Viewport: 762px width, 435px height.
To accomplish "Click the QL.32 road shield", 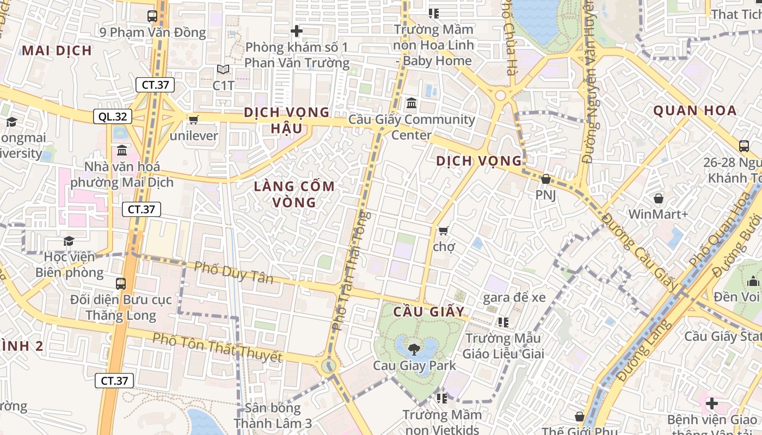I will [113, 116].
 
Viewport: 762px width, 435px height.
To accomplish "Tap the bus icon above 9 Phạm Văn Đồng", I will [152, 16].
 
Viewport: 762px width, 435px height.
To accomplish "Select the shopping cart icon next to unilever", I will [193, 120].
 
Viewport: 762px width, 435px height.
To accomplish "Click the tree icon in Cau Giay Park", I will [414, 349].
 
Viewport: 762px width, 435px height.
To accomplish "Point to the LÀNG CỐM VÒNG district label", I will [294, 194].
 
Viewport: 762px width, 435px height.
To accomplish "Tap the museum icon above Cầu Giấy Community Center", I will [411, 103].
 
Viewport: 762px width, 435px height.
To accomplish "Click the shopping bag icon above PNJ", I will [545, 179].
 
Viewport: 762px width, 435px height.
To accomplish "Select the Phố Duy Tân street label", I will [233, 272].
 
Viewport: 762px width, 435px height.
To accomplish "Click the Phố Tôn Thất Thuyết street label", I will [217, 347].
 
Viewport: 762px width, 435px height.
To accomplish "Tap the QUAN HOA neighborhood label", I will [695, 111].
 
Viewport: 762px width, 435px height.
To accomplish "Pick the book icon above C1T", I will [223, 69].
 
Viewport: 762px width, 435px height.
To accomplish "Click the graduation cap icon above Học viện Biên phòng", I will [69, 240].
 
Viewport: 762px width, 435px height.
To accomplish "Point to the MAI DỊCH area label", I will [57, 51].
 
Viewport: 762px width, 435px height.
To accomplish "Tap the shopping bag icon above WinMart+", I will [658, 198].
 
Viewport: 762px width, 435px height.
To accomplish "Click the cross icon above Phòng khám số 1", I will [297, 31].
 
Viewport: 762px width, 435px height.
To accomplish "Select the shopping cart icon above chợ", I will [444, 231].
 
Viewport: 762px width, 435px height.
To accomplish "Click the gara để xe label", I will [514, 297].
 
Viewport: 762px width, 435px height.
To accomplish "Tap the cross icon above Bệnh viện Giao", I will [711, 403].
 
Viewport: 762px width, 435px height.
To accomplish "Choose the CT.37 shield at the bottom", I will [114, 381].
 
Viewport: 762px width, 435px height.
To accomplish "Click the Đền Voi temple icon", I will [753, 281].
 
